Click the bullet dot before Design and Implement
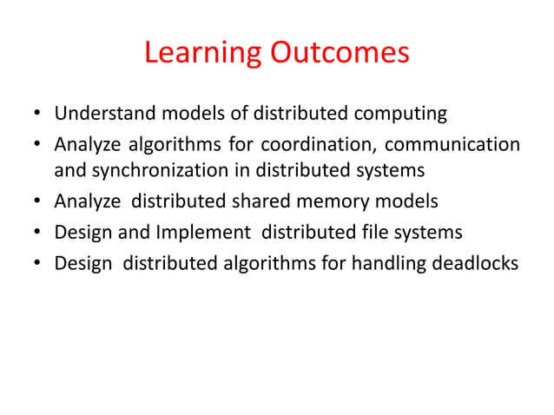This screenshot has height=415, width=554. point(37,233)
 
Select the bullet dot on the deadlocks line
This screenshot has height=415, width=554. point(37,262)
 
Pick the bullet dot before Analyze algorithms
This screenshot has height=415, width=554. point(37,144)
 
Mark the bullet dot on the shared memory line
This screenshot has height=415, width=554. point(37,203)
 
